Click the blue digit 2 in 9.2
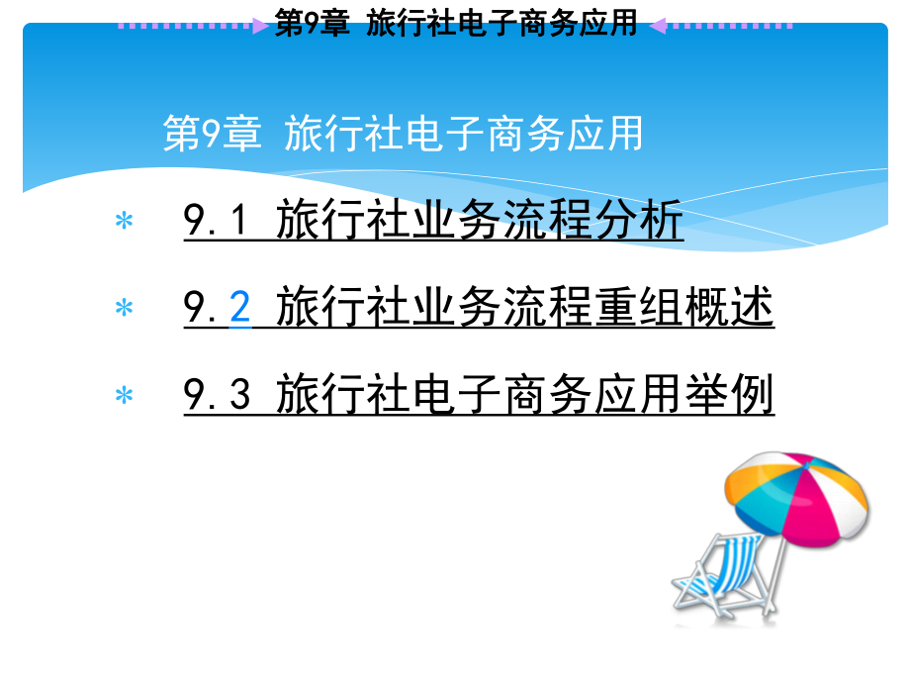tap(239, 309)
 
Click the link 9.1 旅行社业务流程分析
tap(433, 221)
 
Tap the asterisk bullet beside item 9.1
tap(125, 222)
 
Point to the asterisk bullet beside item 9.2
tap(125, 309)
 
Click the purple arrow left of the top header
tap(259, 25)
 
